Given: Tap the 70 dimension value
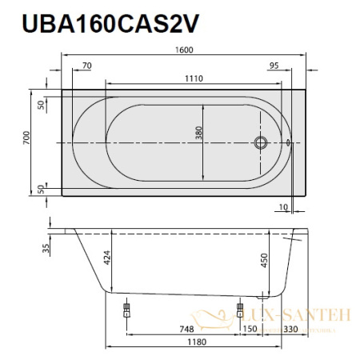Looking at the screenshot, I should [87, 67].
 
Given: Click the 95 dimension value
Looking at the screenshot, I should [274, 67].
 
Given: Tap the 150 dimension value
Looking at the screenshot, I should [249, 327].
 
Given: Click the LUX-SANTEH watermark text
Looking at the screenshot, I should [311, 316].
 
